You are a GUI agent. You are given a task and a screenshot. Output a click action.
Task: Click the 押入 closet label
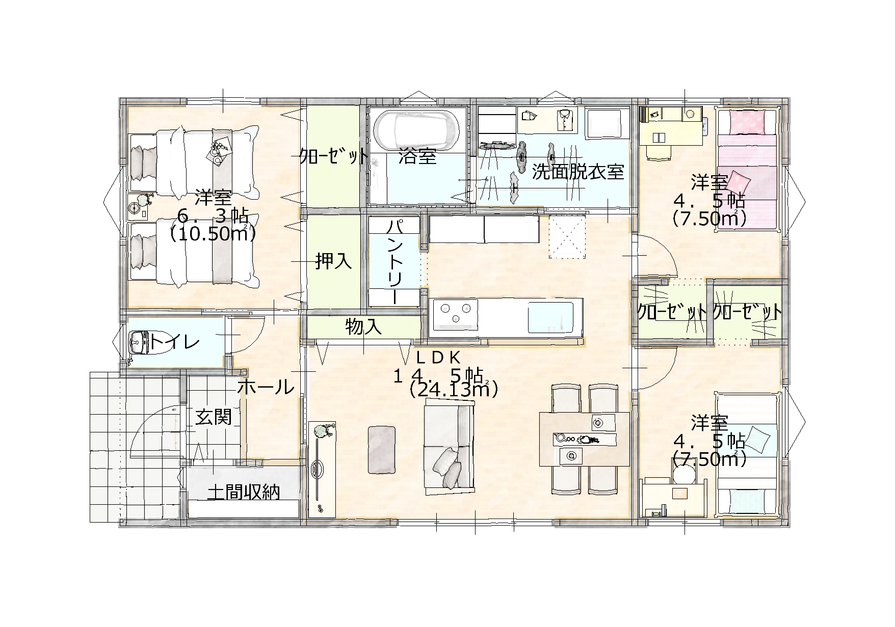click(333, 261)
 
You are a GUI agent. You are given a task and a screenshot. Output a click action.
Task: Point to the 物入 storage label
click(363, 326)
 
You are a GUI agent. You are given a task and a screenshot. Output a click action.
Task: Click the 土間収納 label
click(244, 492)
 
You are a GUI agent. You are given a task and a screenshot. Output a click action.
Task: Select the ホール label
click(266, 387)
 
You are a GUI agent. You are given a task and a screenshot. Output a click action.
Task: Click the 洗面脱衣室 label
click(578, 172)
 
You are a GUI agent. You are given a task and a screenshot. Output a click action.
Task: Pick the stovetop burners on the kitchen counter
click(454, 312)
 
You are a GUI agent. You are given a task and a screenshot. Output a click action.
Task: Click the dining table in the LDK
click(585, 439)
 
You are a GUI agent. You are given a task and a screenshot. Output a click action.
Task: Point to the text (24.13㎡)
click(453, 390)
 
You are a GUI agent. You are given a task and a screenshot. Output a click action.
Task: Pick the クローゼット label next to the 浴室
click(333, 155)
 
